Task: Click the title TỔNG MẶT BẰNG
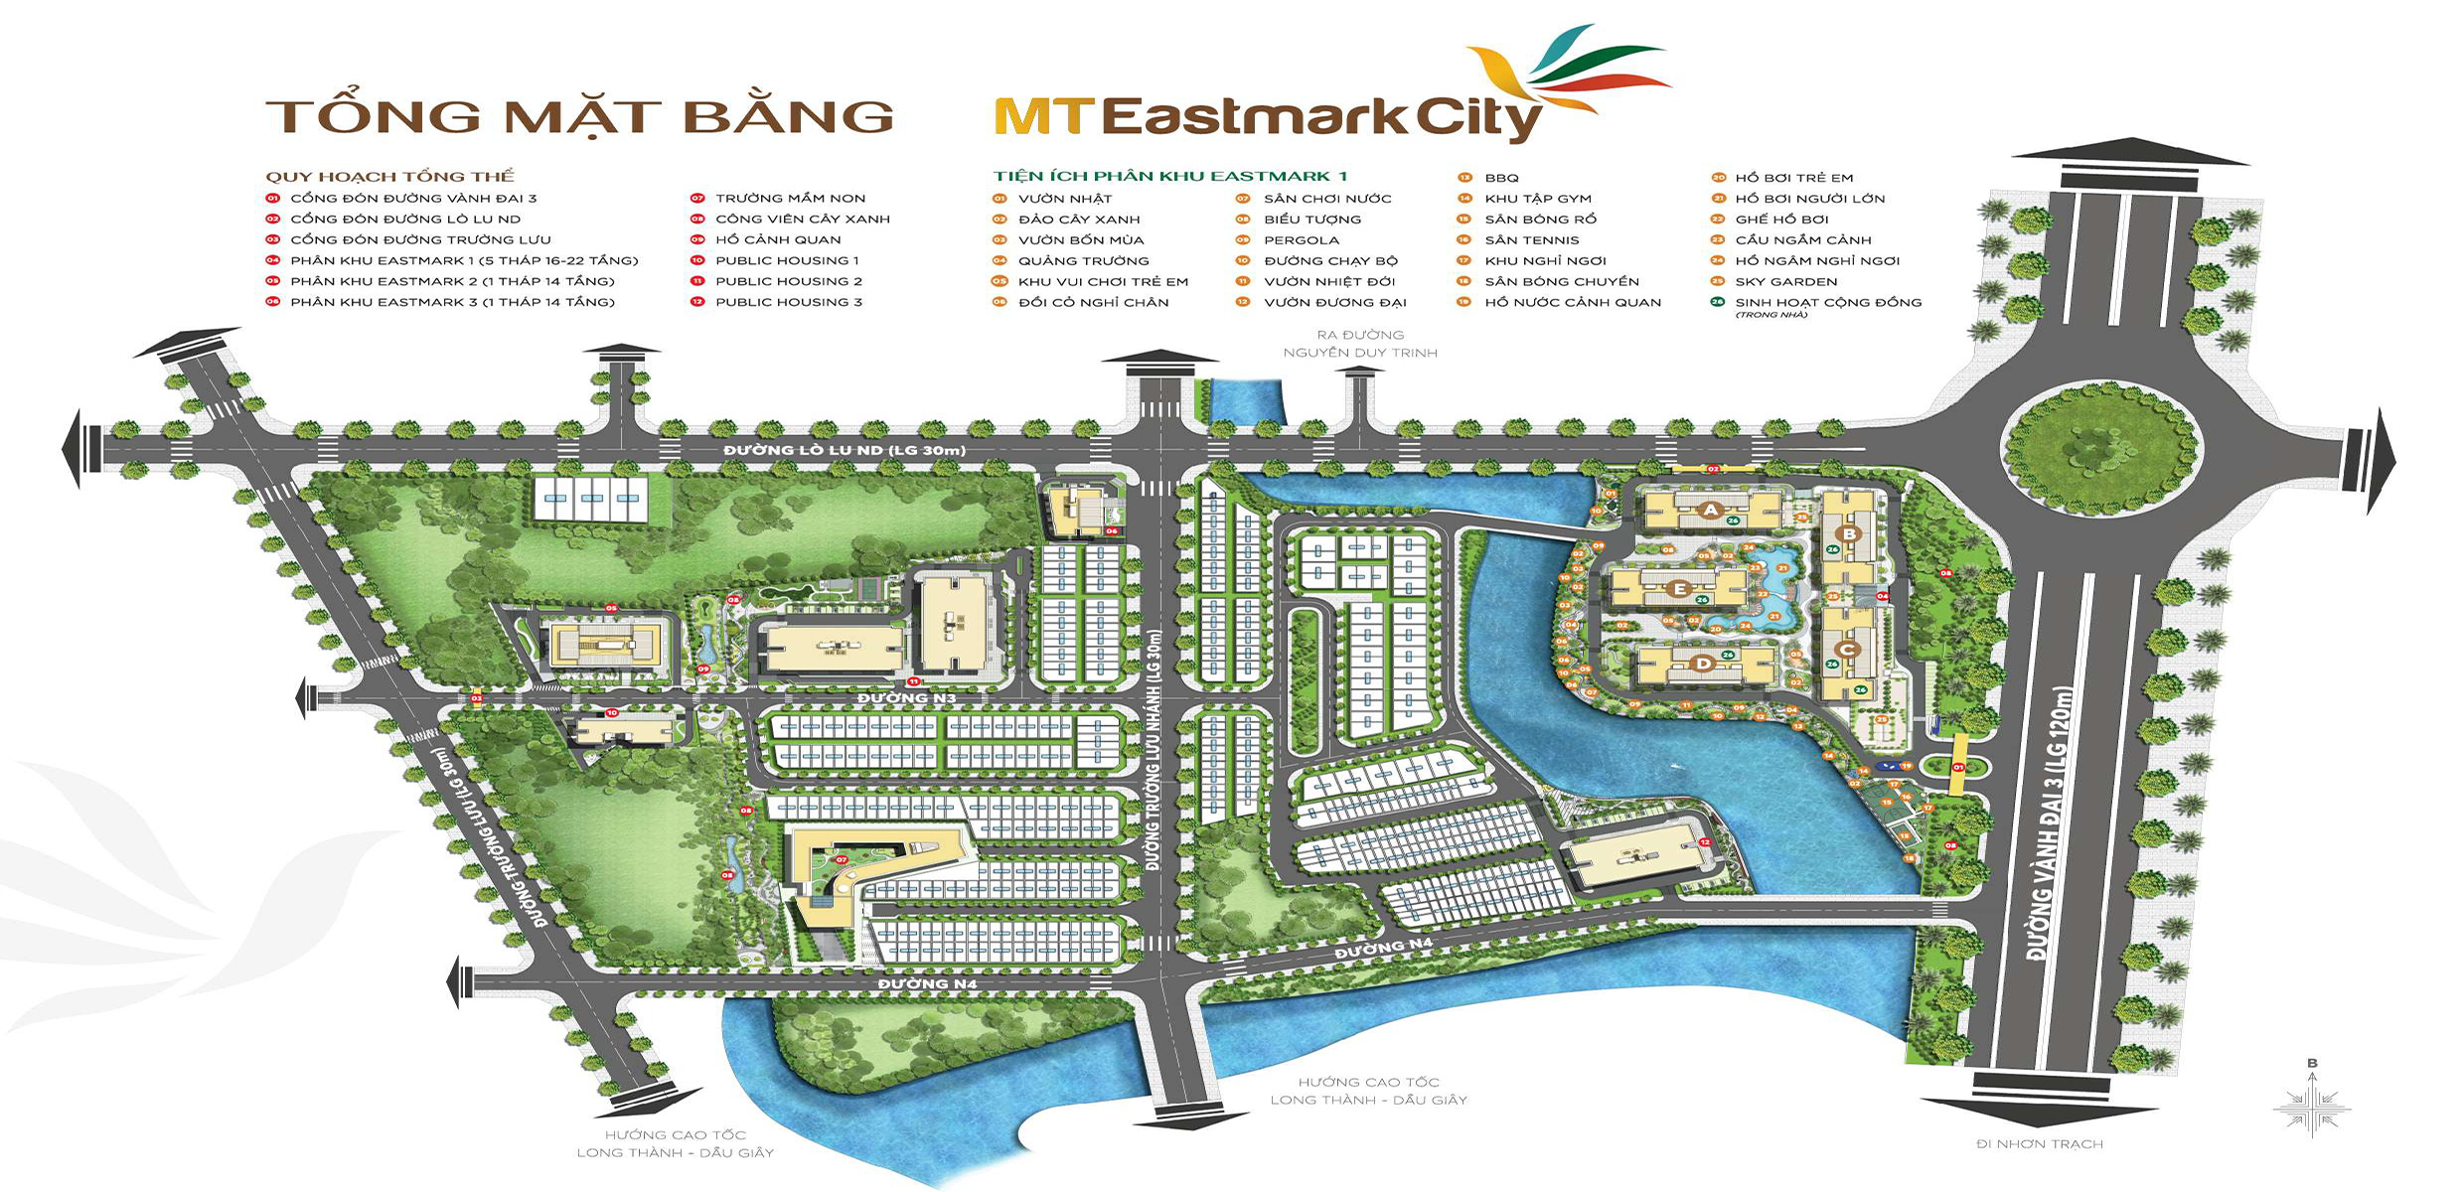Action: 579,115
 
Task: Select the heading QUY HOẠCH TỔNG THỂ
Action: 389,177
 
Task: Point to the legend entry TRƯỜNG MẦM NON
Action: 790,199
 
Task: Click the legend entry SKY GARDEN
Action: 1786,282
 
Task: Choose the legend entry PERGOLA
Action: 1302,240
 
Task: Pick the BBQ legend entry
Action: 1501,178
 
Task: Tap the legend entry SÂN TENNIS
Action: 1531,240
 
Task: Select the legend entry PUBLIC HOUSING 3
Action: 789,302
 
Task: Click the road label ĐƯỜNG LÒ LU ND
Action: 845,451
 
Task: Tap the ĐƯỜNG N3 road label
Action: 906,699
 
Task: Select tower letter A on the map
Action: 1710,510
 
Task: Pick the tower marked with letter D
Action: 1704,663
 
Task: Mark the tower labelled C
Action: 1847,650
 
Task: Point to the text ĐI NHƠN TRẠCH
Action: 2040,1144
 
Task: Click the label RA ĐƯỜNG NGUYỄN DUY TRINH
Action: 1360,344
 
